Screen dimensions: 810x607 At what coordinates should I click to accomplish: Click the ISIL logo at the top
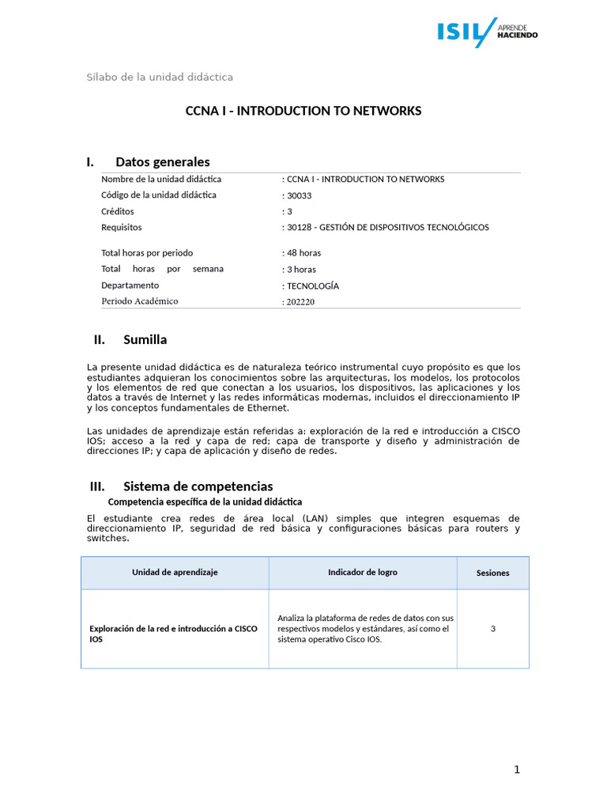click(x=488, y=32)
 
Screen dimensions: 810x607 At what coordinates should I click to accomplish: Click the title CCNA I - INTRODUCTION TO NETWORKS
click(x=303, y=111)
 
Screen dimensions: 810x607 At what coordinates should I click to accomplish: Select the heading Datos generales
click(x=162, y=162)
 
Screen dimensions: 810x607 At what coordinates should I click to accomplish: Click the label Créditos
click(x=118, y=211)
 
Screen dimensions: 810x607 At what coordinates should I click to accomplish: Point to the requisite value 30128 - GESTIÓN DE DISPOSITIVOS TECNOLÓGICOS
click(x=386, y=227)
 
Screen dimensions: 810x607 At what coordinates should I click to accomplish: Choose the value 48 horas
click(x=303, y=253)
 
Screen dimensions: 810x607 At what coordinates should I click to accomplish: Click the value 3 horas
click(x=300, y=269)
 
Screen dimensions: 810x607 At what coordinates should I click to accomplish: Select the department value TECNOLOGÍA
click(x=312, y=286)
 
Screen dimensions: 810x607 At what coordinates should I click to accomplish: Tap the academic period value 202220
click(x=300, y=301)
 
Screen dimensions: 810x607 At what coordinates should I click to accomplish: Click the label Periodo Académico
click(x=140, y=301)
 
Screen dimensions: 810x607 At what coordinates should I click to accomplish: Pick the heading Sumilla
click(x=145, y=340)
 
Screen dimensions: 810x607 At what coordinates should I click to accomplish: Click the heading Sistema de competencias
click(x=198, y=486)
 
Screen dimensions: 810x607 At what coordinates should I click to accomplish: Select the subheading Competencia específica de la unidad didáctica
click(x=205, y=502)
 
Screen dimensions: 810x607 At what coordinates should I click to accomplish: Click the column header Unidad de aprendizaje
click(x=175, y=572)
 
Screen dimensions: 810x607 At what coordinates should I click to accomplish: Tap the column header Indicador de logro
click(x=363, y=572)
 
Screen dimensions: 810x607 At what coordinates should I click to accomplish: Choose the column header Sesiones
click(x=492, y=573)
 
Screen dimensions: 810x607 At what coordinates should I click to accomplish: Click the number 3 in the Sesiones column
click(x=492, y=629)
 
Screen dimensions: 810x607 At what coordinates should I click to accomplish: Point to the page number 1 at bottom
click(x=517, y=770)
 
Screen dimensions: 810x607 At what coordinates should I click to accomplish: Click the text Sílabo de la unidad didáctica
click(x=160, y=77)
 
